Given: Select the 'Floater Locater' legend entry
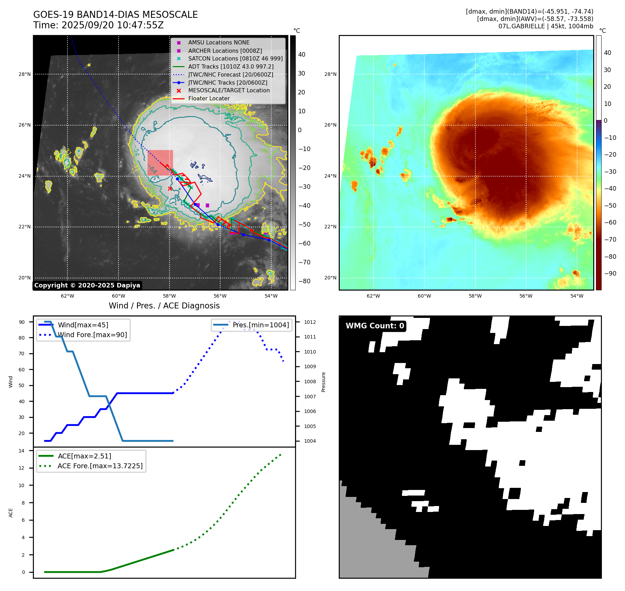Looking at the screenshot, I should pos(209,99).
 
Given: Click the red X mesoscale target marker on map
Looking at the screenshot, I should pos(170,188).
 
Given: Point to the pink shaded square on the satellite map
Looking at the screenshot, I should pos(160,163).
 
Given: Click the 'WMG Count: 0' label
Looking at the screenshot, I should pos(375,326).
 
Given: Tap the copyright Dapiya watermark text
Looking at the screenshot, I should pos(87,285).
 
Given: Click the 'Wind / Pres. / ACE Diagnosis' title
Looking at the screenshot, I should pos(164,306).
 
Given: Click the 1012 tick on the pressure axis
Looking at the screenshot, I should pos(310,322).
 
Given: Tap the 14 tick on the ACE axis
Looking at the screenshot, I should pos(22,451).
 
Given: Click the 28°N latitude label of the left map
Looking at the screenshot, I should pos(24,74).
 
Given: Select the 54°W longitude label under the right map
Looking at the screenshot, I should pos(577,296).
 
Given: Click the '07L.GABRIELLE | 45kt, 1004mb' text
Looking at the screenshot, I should pos(546,26).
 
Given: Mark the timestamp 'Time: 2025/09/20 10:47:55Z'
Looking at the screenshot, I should pos(98,25).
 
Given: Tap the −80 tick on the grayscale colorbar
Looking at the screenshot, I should pos(304,281).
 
